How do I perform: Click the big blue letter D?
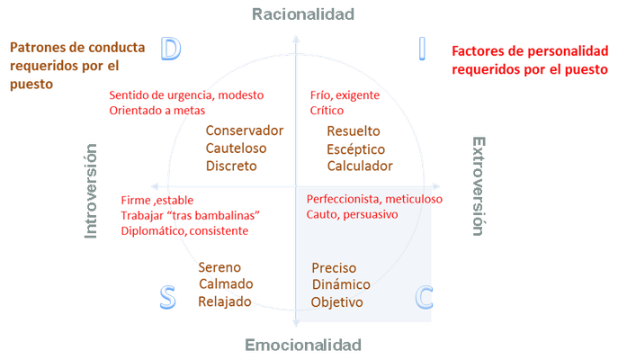(170, 49)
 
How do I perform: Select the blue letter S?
(166, 297)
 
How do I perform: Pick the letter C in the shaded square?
(425, 296)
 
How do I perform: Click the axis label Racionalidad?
(303, 13)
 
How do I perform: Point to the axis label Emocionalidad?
(303, 346)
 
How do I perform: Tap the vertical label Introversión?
(91, 191)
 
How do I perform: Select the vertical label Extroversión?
(478, 185)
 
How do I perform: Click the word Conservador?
(245, 130)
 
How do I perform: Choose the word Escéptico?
(356, 148)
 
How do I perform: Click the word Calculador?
(360, 166)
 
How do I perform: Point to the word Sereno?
(219, 267)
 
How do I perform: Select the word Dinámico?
(341, 284)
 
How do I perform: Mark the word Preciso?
(335, 267)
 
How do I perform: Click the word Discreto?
(231, 166)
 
